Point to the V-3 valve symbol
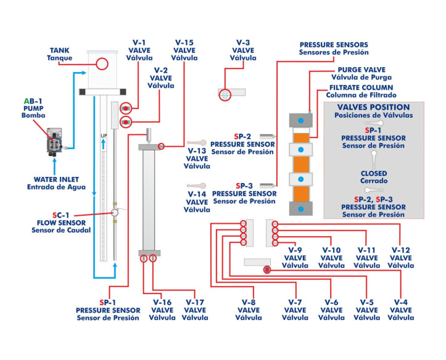click(225, 94)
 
